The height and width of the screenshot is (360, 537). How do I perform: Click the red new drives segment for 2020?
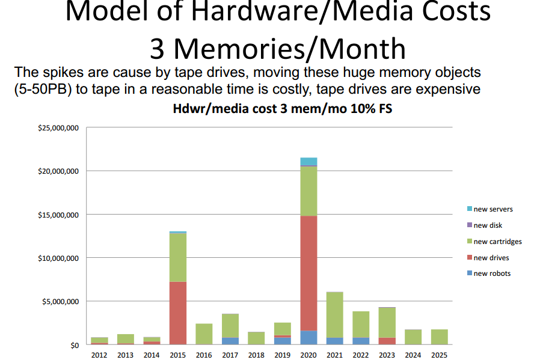tap(308, 273)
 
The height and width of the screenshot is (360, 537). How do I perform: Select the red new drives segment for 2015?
tap(177, 313)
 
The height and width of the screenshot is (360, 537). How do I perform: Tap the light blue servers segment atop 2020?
tap(308, 161)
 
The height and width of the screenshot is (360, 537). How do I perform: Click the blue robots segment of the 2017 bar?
tap(230, 341)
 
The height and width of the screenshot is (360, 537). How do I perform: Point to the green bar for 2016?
tap(204, 334)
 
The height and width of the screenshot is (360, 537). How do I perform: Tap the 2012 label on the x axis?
tap(99, 355)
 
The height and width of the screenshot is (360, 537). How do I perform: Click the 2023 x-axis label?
tap(387, 355)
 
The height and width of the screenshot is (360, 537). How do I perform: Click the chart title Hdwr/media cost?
tap(282, 110)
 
